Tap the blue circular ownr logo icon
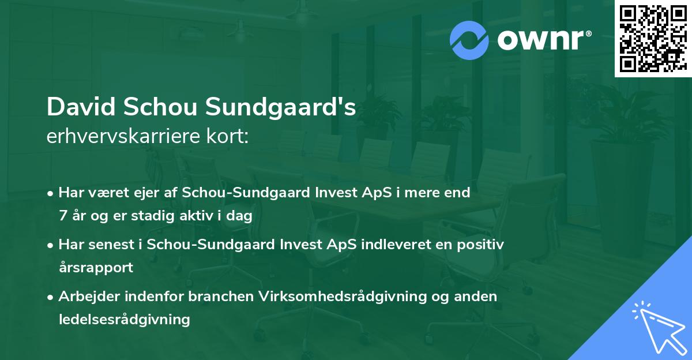[469, 40]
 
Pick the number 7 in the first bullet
[63, 215]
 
